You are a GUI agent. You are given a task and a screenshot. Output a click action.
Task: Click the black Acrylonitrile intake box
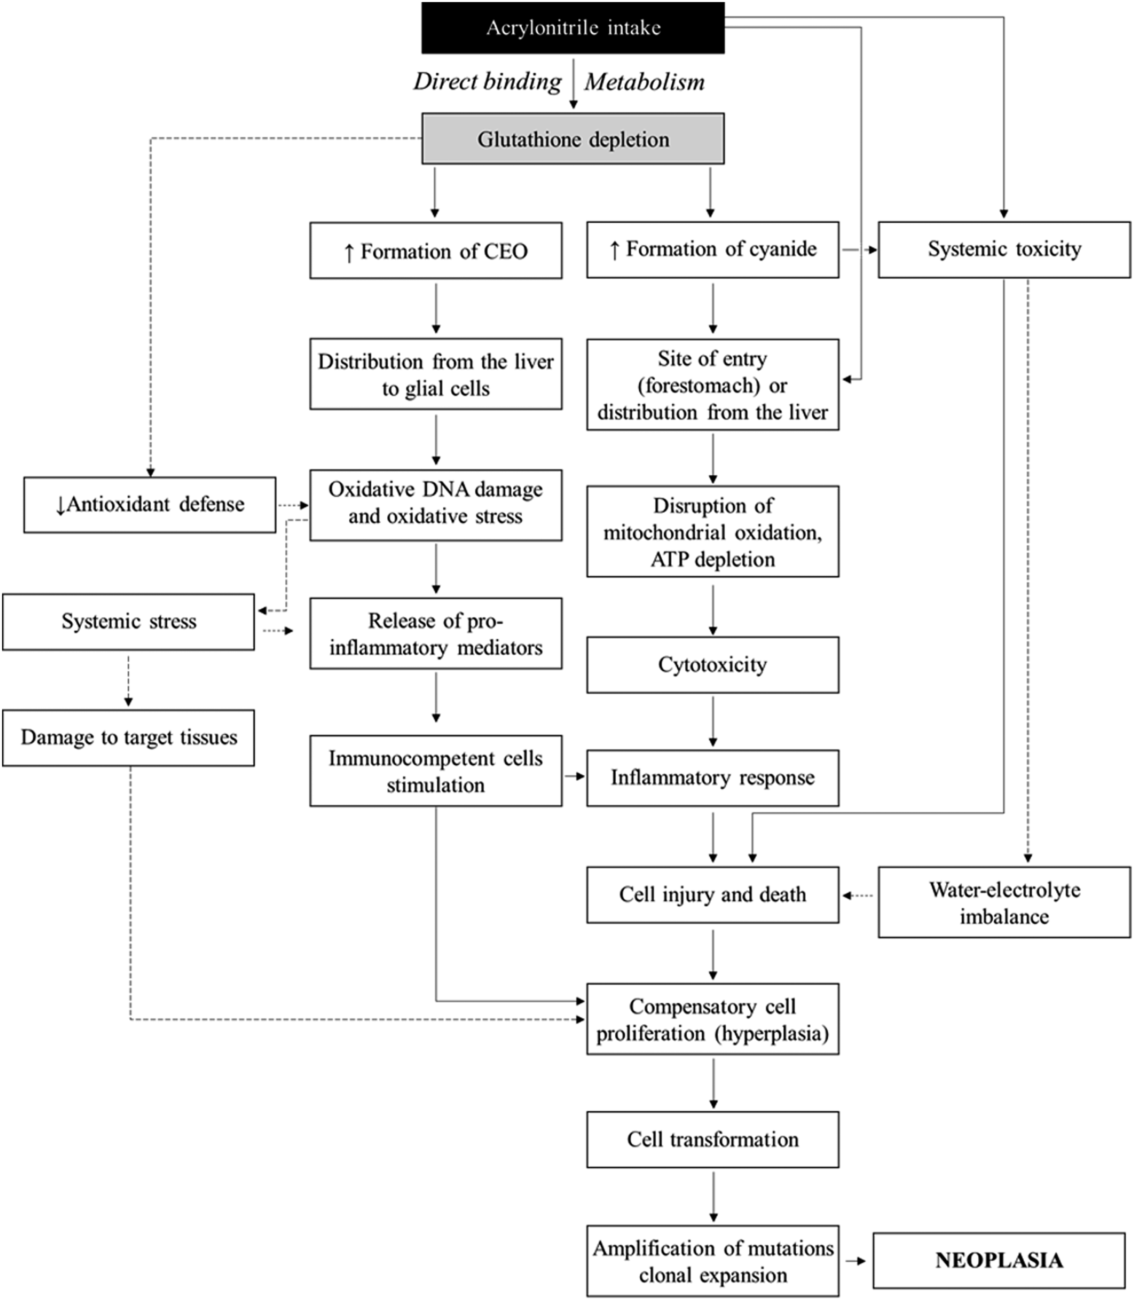573,28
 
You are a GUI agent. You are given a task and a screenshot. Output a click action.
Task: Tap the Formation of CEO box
435,251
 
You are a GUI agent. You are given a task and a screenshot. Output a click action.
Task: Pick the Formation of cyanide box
712,249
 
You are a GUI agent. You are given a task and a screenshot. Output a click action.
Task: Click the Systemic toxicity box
1004,249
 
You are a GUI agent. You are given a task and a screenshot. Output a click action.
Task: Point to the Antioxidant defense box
150,505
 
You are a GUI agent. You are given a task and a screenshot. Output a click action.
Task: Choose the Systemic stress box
129,622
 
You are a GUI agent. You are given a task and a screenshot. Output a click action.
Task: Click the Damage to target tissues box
129,738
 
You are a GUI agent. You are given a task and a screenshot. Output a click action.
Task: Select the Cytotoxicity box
712,665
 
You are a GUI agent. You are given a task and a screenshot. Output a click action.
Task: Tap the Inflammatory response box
712,778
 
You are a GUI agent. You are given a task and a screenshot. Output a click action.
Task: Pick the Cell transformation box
712,1140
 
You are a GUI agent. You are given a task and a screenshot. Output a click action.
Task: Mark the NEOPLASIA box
999,1260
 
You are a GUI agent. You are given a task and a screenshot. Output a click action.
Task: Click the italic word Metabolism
644,82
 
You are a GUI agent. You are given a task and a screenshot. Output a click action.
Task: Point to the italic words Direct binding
487,82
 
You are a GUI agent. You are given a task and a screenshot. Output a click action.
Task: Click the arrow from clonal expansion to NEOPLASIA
855,1261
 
